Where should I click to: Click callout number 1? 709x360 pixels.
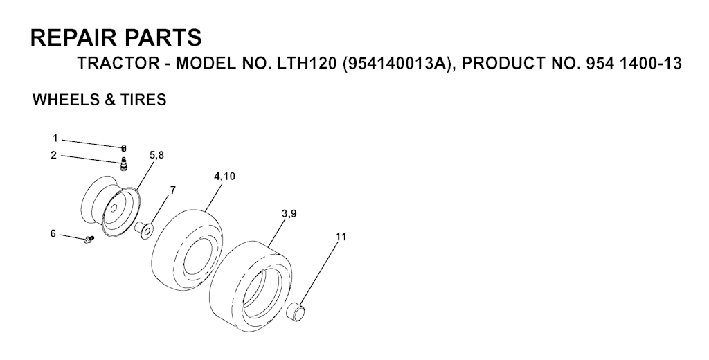(x=55, y=138)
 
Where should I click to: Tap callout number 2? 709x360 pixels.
(x=54, y=155)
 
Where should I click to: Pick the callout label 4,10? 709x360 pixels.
(x=224, y=176)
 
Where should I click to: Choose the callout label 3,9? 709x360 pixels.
(x=289, y=214)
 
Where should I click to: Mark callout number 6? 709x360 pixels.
(x=53, y=233)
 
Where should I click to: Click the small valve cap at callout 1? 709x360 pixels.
(x=123, y=147)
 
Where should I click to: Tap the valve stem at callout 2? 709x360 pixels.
(x=123, y=163)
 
